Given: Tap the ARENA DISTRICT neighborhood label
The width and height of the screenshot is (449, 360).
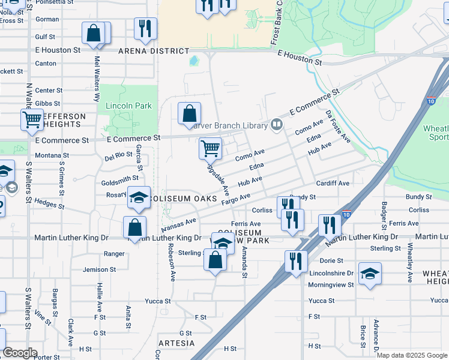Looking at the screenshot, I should point(154,51).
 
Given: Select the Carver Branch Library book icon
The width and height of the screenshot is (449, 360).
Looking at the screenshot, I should point(277,125).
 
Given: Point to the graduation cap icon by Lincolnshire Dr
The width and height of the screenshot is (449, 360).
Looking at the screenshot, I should point(370,274).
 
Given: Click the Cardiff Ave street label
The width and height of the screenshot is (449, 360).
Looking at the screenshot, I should point(333,183).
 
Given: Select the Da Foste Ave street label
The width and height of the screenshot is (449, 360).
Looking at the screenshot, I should point(338,127).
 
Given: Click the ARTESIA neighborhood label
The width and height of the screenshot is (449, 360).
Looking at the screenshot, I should point(176,343).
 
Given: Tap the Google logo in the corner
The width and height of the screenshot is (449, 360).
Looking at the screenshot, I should point(20,353).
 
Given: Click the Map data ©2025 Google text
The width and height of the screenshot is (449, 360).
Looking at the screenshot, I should point(412,355).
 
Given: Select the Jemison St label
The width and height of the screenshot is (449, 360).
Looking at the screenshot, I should point(99,269).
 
